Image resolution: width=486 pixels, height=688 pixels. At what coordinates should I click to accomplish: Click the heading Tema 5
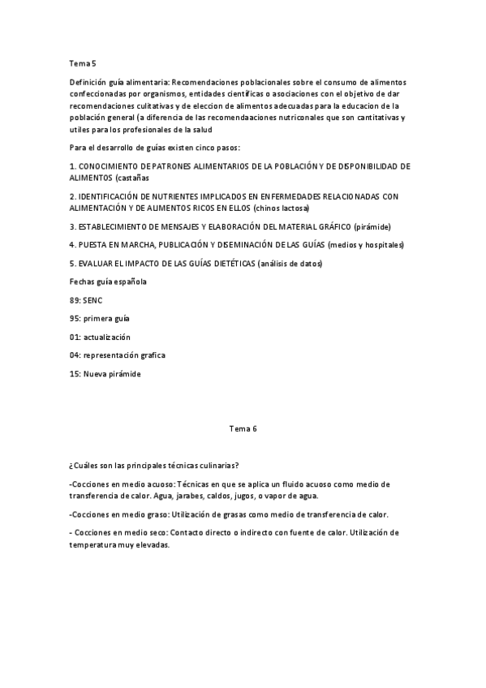tap(83, 62)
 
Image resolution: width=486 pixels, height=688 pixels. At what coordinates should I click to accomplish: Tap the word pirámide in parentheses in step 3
tap(378, 226)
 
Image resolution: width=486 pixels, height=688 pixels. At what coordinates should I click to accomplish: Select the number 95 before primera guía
tap(75, 318)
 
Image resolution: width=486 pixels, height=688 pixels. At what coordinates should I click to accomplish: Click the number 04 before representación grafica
tap(75, 355)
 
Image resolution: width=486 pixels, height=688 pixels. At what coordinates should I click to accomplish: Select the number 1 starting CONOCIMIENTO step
tap(72, 166)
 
